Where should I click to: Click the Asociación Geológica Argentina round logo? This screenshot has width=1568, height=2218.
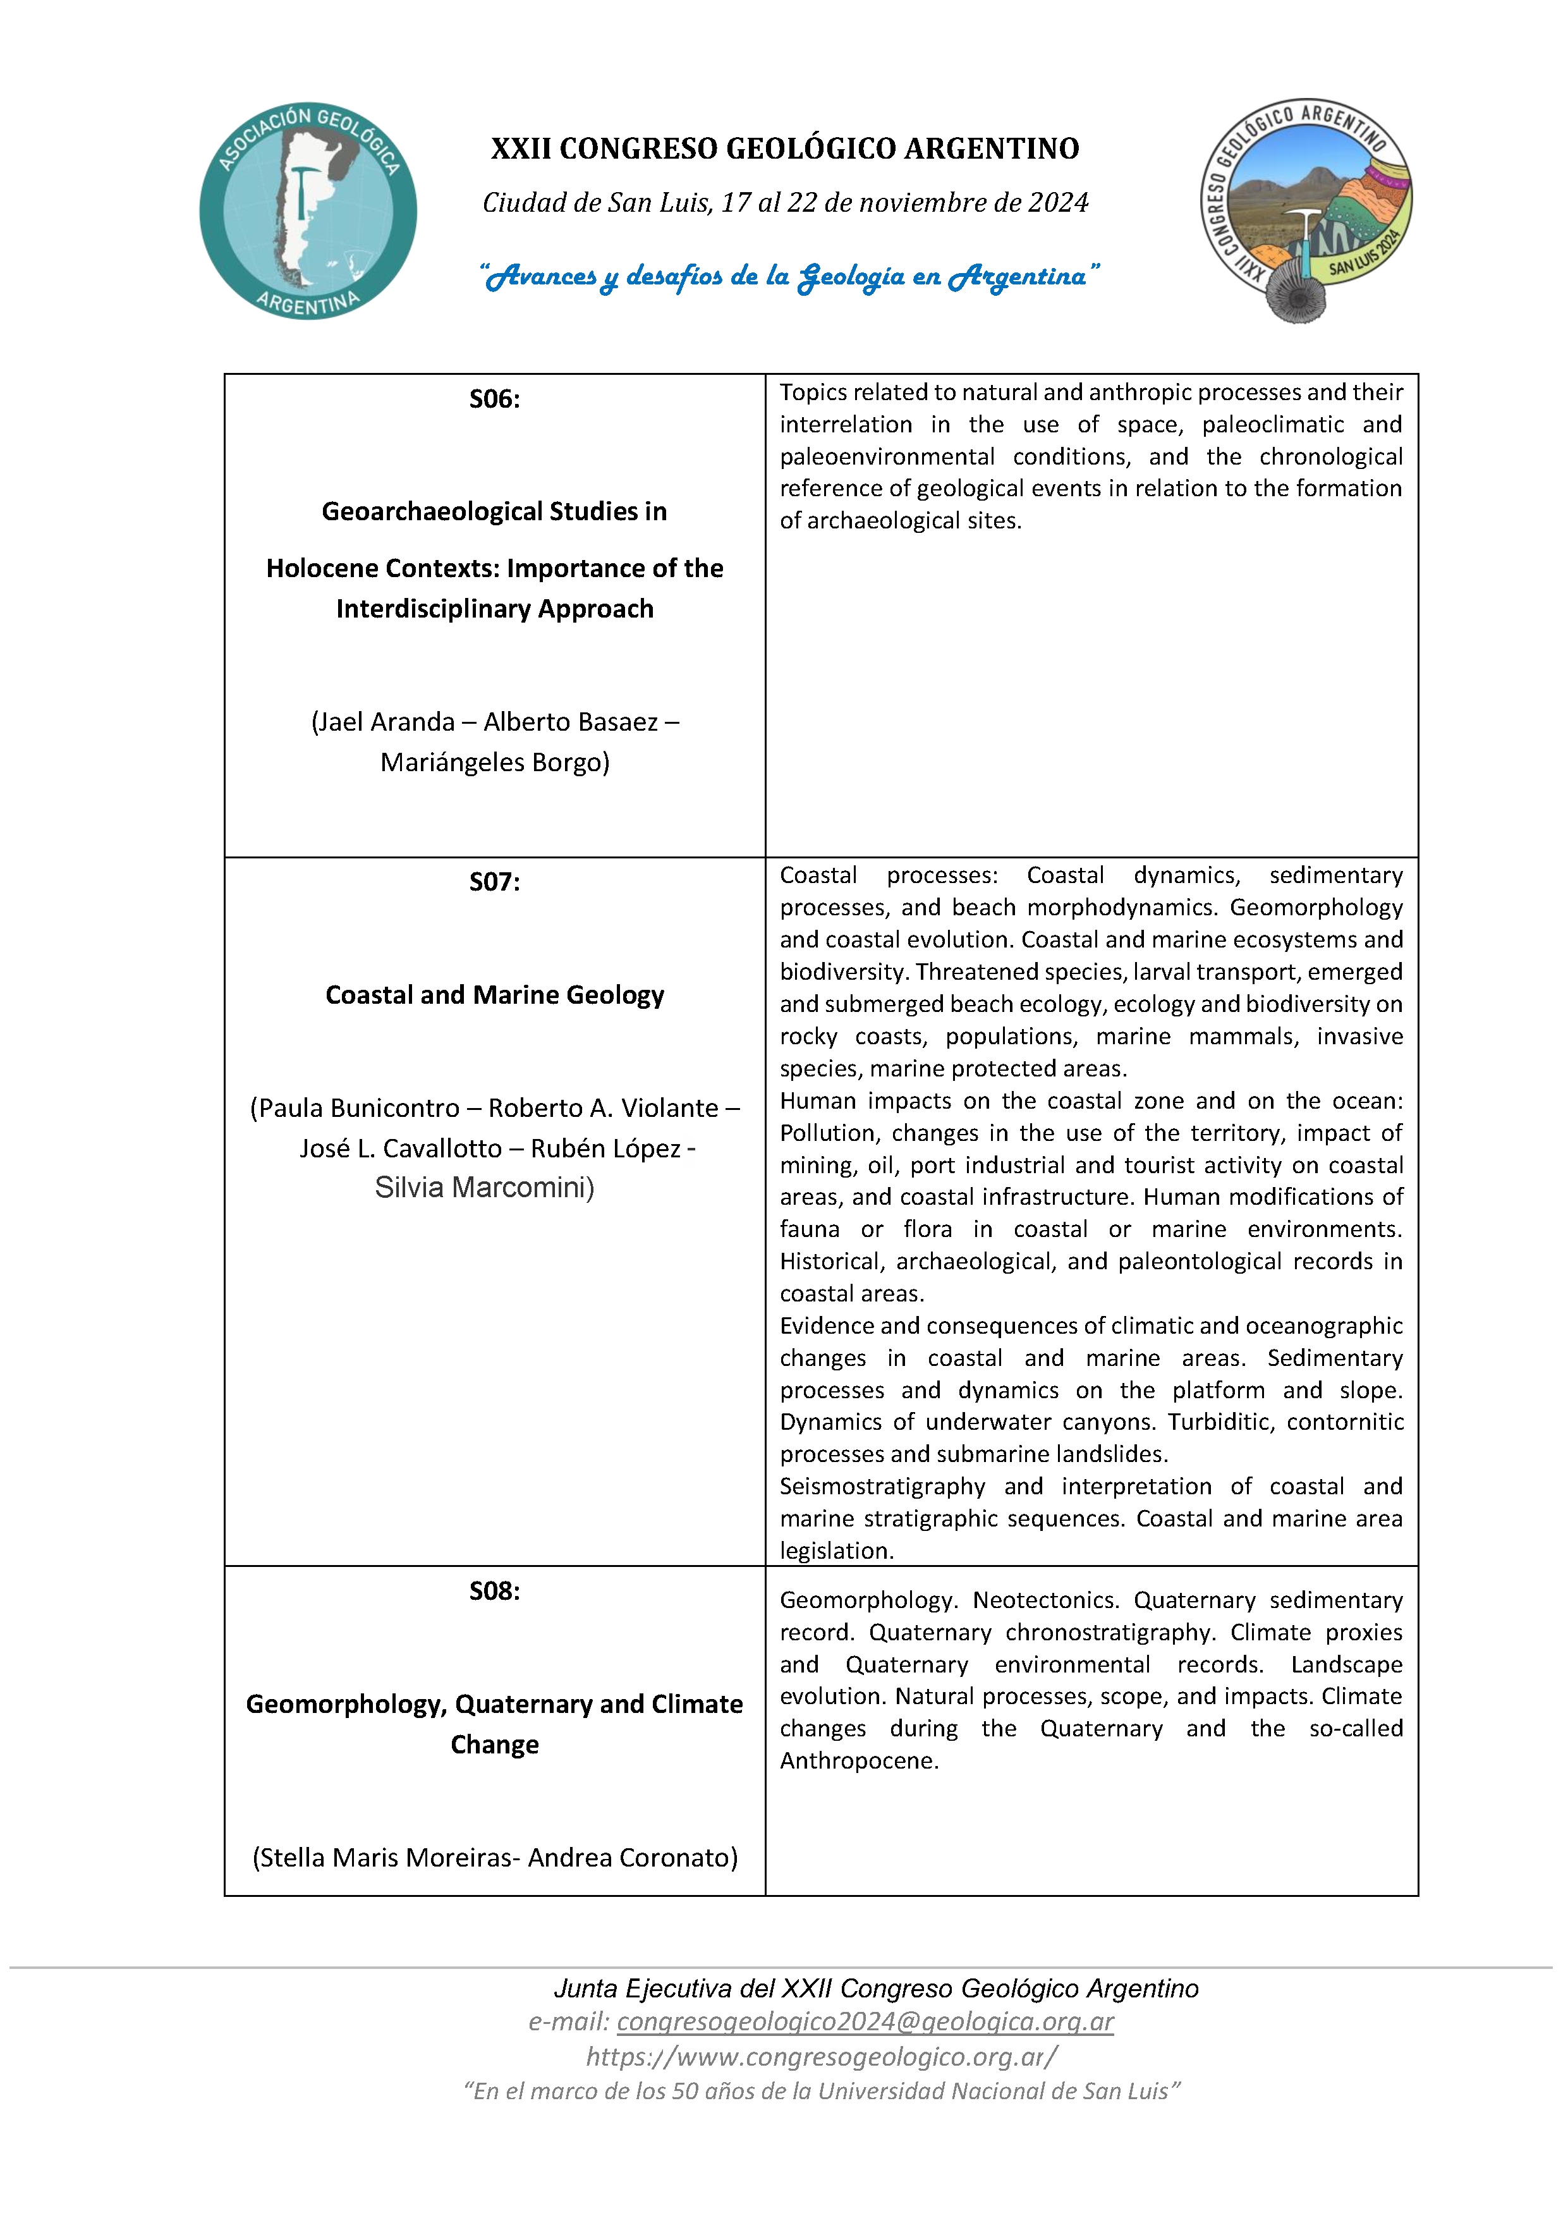[x=308, y=210]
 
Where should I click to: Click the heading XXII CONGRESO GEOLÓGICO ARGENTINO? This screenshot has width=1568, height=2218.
[x=784, y=149]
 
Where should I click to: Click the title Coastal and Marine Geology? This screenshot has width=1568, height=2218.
[x=495, y=995]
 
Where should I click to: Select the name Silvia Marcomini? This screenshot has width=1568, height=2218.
[x=483, y=1187]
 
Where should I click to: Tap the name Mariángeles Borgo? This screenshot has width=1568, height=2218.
[x=495, y=762]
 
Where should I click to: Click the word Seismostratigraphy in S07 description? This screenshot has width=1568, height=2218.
[x=882, y=1486]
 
